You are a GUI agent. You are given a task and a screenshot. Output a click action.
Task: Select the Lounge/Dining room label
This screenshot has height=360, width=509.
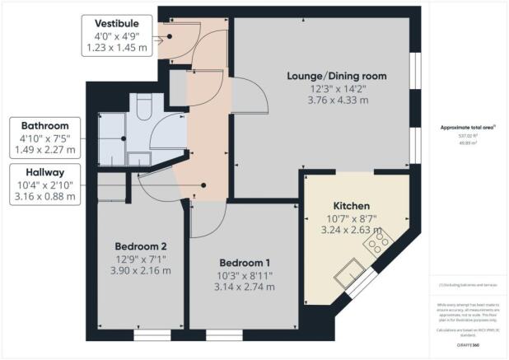coord(336,77)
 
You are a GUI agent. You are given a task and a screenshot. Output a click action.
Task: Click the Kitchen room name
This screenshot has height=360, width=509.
coord(351,205)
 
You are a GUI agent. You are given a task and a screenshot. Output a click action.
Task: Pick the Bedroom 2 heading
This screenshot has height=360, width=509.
coord(140,245)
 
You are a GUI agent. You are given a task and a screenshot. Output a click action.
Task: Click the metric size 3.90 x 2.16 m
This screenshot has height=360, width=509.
coord(140,270)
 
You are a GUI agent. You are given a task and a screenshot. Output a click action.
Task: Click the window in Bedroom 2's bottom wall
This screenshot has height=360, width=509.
coord(152,336)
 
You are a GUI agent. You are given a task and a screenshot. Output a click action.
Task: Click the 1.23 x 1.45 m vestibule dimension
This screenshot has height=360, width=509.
coord(116,49)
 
